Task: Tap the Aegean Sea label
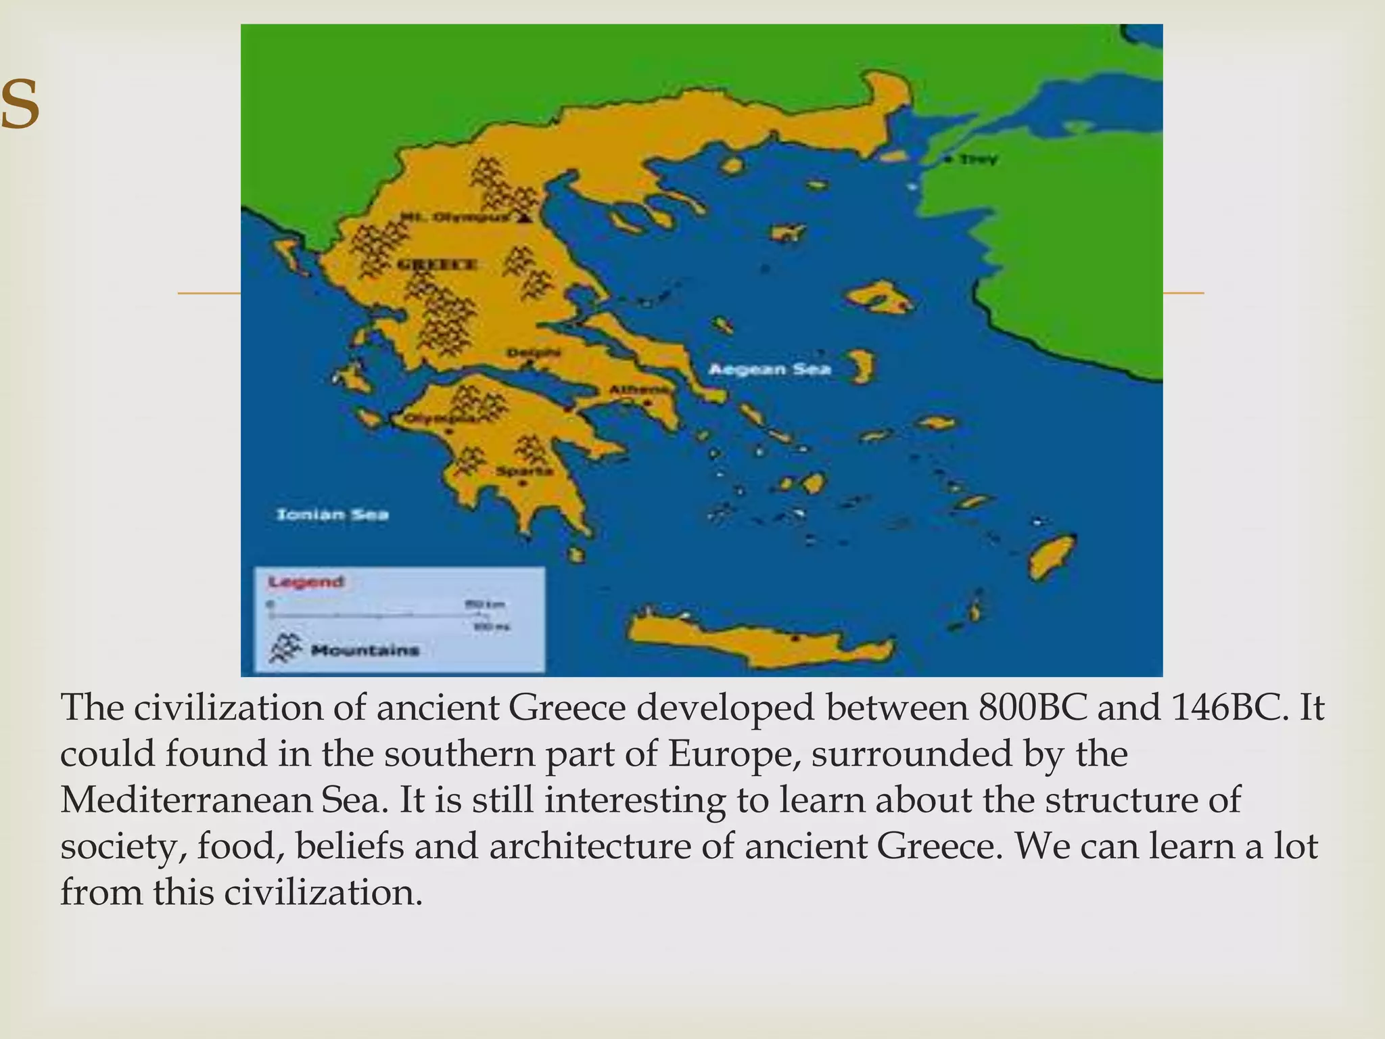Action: [770, 369]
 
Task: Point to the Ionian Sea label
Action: [333, 515]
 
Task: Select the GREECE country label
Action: [436, 264]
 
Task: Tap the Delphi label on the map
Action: [534, 353]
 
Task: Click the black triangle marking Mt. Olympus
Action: [524, 218]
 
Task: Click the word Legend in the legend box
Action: [306, 582]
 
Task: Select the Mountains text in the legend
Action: [365, 651]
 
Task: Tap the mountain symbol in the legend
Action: [284, 647]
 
